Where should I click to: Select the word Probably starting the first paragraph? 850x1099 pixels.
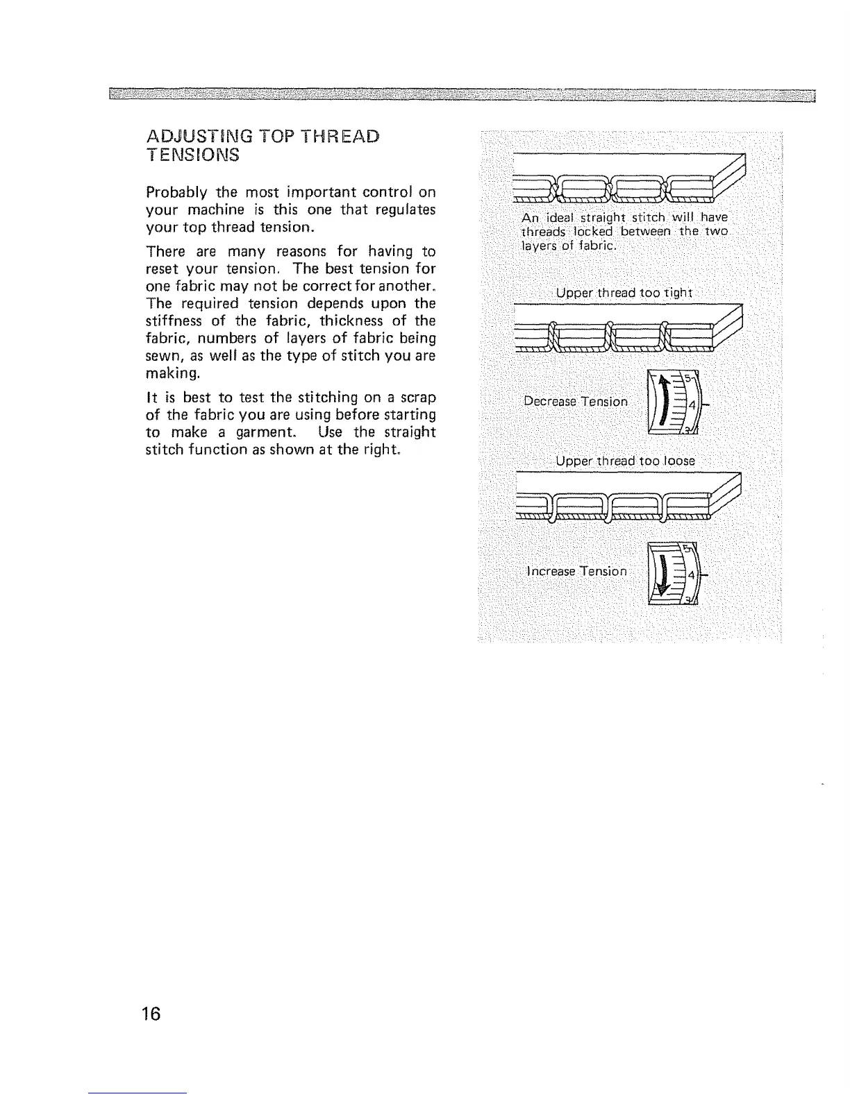click(175, 192)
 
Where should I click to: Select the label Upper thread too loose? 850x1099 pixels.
click(625, 461)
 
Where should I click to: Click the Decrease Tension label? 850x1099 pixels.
click(576, 402)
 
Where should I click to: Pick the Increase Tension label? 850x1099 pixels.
click(576, 571)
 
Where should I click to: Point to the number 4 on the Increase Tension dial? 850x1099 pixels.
click(691, 575)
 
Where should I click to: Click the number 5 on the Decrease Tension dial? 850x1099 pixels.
click(688, 380)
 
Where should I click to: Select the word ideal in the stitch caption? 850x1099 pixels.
click(553, 217)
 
